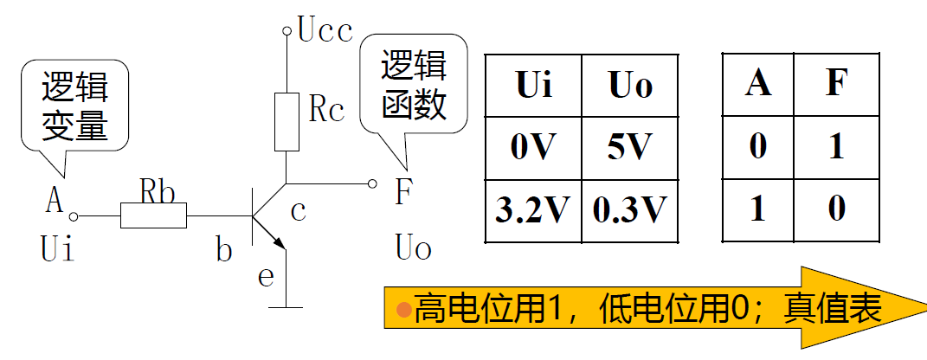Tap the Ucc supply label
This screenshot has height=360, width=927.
click(325, 32)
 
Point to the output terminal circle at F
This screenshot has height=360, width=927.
click(372, 183)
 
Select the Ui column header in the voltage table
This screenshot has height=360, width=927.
click(533, 87)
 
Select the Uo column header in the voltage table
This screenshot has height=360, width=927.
click(629, 87)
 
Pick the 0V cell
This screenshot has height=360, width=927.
click(533, 147)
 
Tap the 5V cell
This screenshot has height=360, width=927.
click(629, 147)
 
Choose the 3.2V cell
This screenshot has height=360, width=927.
click(533, 210)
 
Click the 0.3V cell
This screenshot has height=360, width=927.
click(629, 210)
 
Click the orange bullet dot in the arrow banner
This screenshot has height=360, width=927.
click(402, 309)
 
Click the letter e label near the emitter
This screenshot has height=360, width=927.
click(267, 276)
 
